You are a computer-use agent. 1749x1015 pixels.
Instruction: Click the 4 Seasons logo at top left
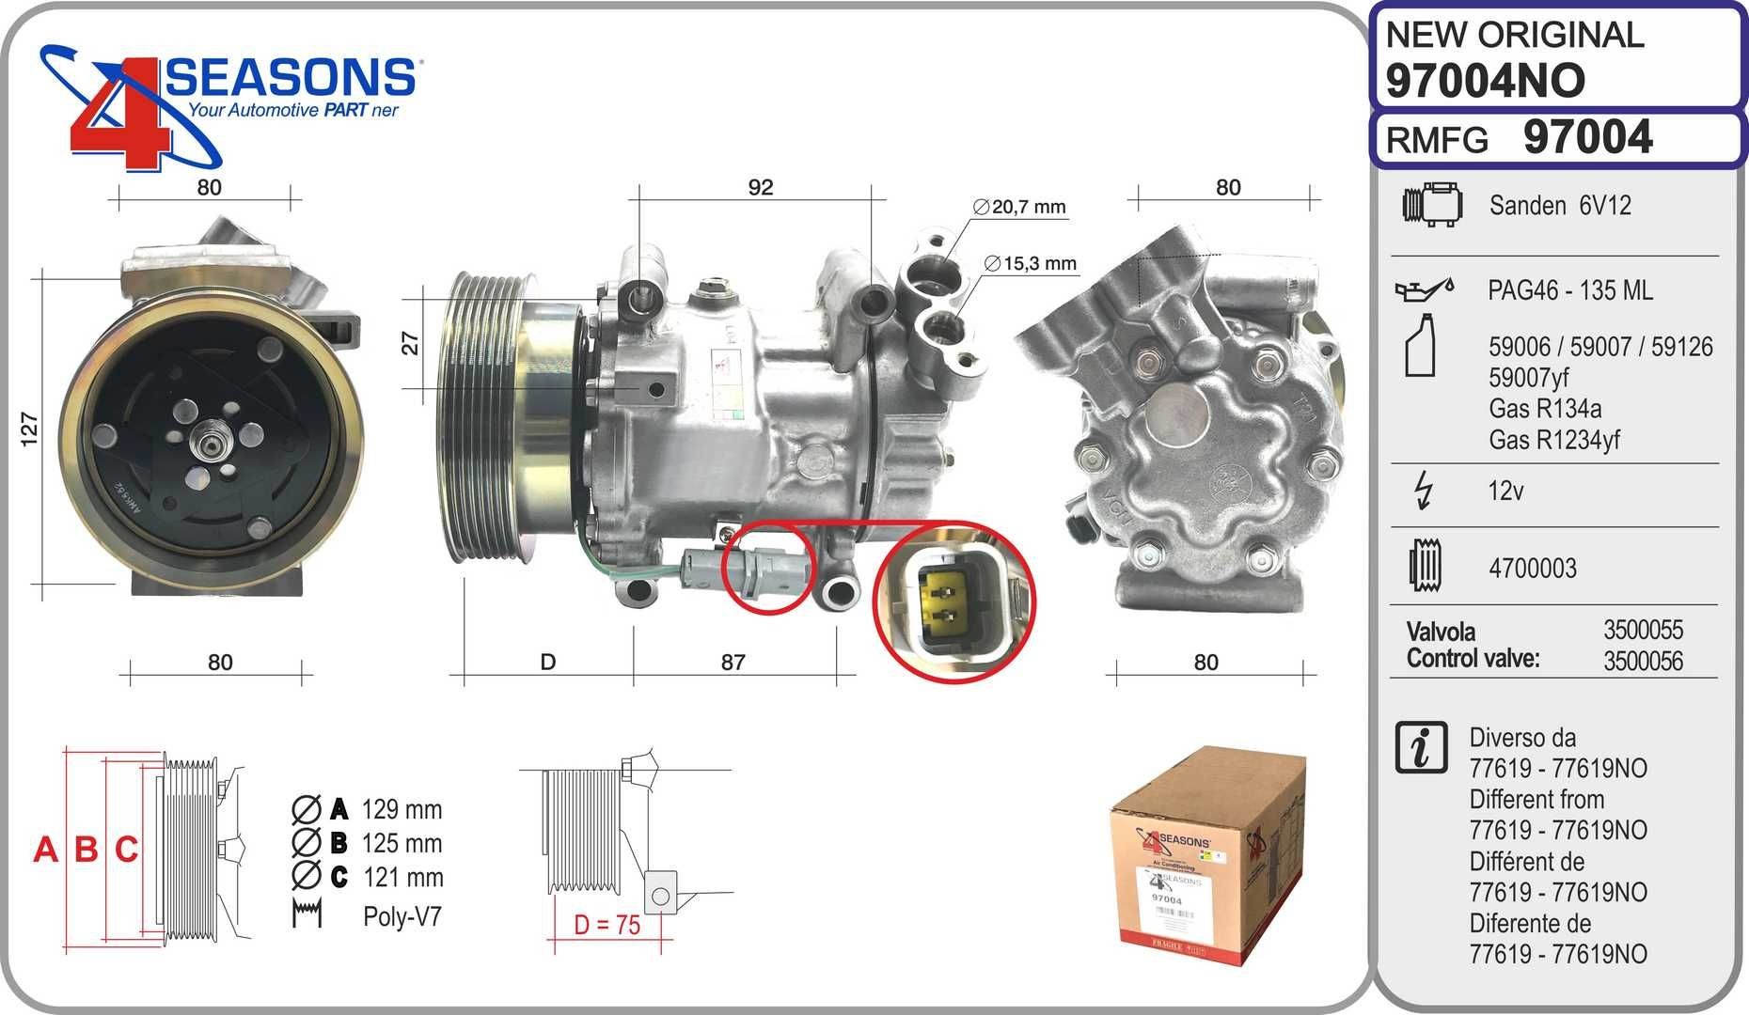pos(226,103)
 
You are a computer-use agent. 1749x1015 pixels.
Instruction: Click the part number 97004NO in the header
pos(1485,81)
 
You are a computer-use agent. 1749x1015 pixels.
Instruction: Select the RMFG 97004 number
pos(1586,138)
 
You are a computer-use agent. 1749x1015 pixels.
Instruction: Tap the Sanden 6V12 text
pos(1560,206)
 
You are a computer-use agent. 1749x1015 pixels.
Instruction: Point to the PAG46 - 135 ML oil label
pos(1569,290)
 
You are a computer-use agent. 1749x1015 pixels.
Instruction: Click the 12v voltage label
pos(1505,492)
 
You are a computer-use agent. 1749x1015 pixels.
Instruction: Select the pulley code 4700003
pos(1532,569)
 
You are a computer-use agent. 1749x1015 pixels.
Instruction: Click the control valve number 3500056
pos(1643,661)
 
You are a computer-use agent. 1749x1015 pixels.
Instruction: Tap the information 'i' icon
pos(1422,748)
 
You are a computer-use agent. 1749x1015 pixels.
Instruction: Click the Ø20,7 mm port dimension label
pos(1020,207)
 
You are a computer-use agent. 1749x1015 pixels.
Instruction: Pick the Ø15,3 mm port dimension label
pos(1031,264)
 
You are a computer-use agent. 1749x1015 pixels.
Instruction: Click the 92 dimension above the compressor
pos(760,187)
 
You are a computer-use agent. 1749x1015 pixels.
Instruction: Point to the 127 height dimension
pos(30,429)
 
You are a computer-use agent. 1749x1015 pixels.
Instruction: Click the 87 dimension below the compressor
pos(733,663)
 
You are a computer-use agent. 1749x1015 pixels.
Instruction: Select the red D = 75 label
pos(607,925)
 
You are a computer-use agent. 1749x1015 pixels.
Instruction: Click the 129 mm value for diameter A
pos(402,809)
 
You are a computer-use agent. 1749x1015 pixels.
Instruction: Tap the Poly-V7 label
pos(402,916)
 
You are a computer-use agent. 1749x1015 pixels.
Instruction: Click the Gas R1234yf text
pos(1553,440)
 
